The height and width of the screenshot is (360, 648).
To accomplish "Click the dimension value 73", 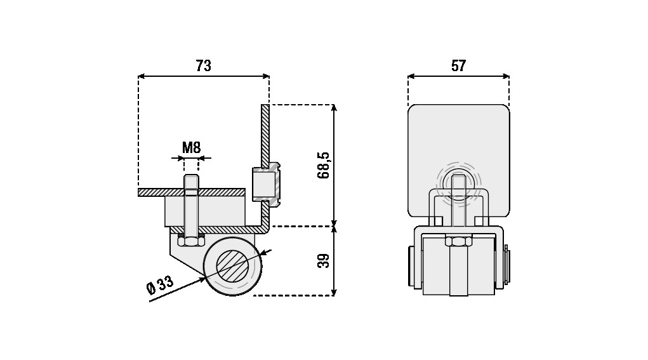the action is pos(203,66).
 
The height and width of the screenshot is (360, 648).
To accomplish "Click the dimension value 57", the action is pos(458,66).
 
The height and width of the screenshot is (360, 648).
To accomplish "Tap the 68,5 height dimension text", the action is pos(324,165).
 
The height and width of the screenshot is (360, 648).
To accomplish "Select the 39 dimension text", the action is pos(324,261).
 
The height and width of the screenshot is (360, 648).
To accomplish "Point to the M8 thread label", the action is pos(191,147).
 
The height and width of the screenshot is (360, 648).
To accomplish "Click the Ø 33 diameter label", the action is pos(161,284).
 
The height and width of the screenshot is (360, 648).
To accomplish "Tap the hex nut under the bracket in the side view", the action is pos(191,241).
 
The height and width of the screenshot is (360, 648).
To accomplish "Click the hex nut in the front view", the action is pos(458,241).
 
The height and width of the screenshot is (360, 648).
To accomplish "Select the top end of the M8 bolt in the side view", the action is pos(191,176).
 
